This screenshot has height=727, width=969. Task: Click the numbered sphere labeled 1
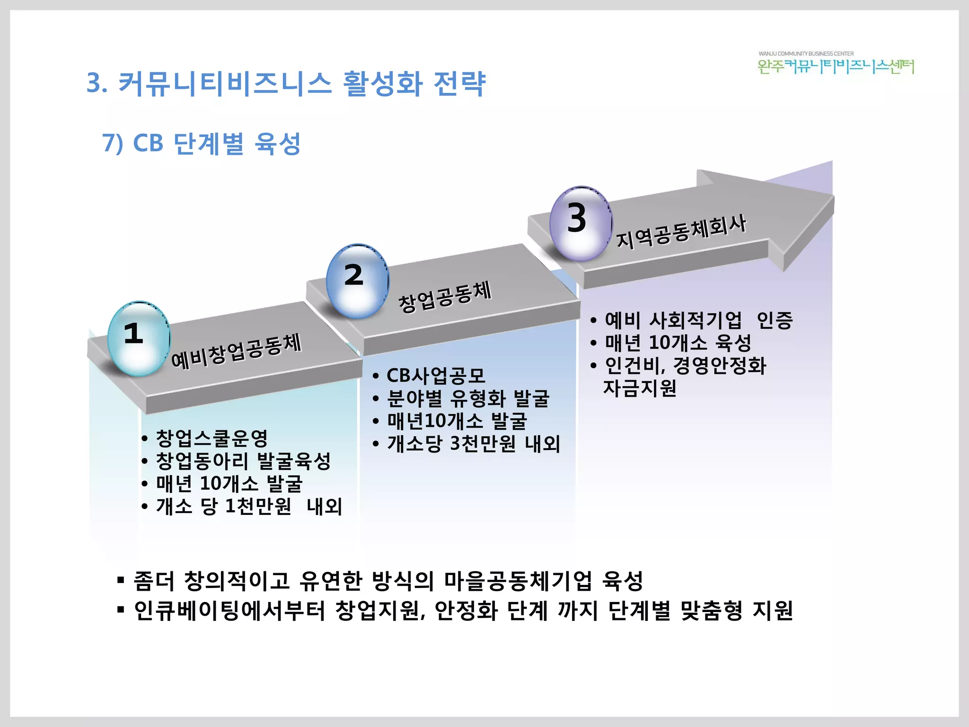[x=139, y=338]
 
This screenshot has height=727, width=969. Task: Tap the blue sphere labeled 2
[x=358, y=281]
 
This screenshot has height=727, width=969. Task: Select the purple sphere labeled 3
[x=581, y=223]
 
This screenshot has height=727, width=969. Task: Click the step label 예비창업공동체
[x=236, y=351]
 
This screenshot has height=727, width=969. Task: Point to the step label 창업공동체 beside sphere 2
[x=445, y=296]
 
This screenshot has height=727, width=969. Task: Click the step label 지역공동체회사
[x=681, y=231]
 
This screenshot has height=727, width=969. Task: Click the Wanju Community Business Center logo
[x=836, y=63]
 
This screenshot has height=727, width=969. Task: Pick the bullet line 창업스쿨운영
[x=211, y=438]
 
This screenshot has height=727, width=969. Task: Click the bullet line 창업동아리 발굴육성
[x=243, y=461]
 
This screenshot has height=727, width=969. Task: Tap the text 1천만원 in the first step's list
[x=258, y=506]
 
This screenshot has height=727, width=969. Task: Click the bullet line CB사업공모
[x=436, y=376]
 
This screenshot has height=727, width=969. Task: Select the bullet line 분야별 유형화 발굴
[x=468, y=399]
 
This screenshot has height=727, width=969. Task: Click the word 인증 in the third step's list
[x=775, y=320]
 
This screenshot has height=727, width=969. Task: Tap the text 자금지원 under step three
[x=640, y=388]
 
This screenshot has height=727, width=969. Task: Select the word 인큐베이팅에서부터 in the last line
[x=230, y=611]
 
